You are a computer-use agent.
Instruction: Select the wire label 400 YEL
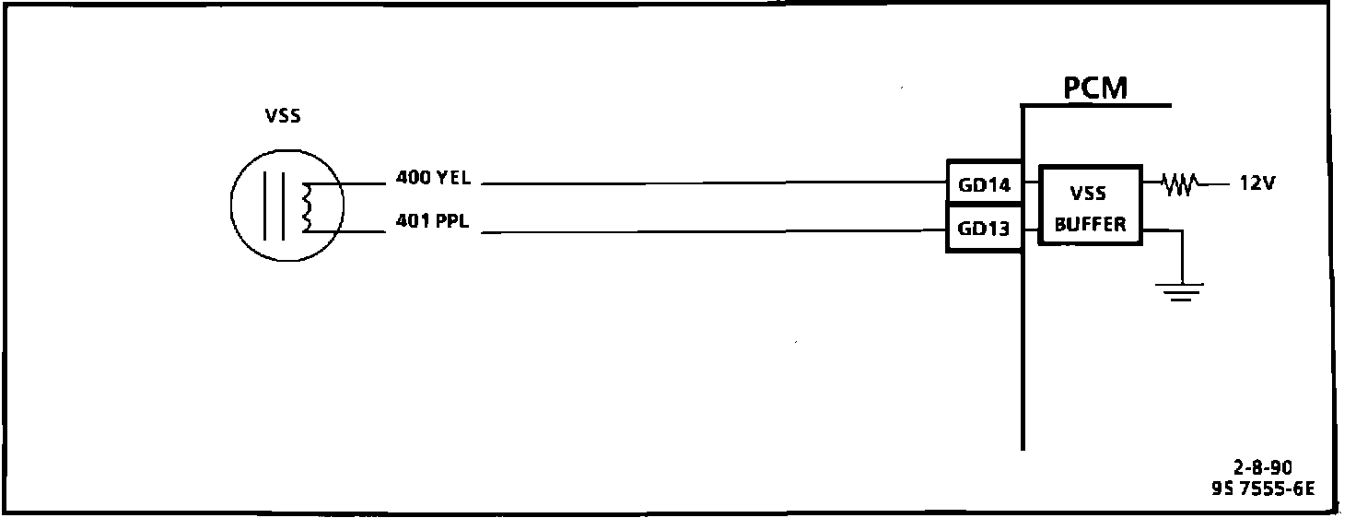point(433,178)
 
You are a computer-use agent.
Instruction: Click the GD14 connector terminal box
point(984,183)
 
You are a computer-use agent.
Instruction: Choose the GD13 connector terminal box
point(984,230)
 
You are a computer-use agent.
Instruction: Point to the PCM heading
point(1095,88)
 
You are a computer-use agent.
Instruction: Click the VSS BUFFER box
point(1090,205)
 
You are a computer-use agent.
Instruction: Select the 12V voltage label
point(1257,183)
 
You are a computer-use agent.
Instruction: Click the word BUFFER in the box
point(1090,224)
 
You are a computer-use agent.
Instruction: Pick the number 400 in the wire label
point(412,178)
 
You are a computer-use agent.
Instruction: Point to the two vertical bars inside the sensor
point(275,206)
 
